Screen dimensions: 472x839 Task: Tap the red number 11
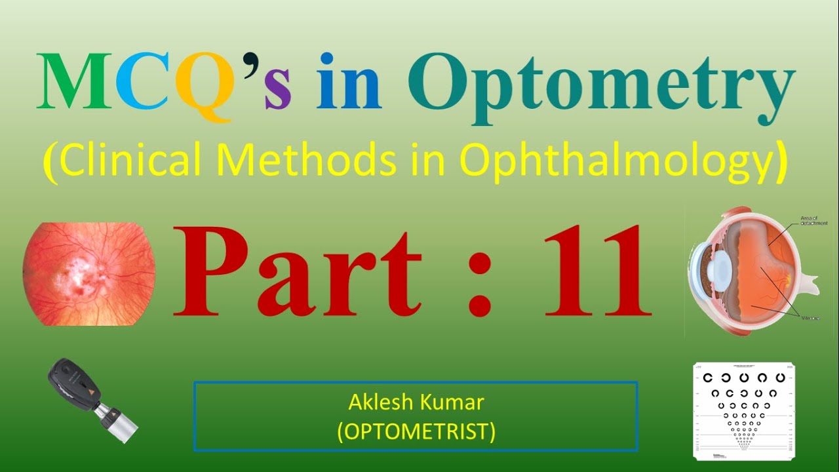pyautogui.click(x=590, y=271)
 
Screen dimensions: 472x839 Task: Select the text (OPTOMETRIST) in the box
pyautogui.click(x=416, y=431)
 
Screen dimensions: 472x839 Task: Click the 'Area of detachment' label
pyautogui.click(x=813, y=220)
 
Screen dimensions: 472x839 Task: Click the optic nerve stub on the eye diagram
pyautogui.click(x=810, y=285)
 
